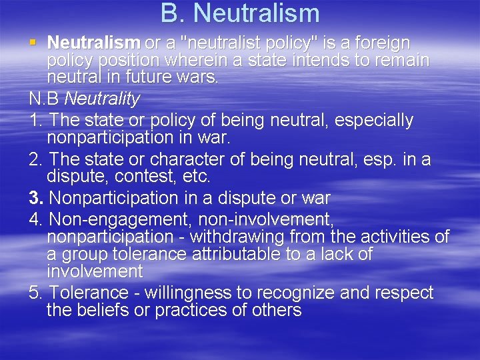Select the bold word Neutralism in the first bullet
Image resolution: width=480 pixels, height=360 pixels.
94,43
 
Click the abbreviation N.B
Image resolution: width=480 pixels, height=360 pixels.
45,99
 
